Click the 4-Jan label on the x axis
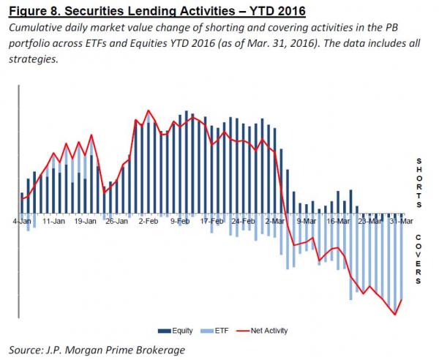[21, 220]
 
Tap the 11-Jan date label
[54, 220]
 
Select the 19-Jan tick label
[86, 220]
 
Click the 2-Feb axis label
[149, 220]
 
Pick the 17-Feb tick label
[212, 220]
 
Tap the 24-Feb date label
[244, 220]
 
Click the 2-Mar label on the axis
[276, 220]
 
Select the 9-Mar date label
[307, 220]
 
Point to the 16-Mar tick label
[339, 220]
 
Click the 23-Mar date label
[370, 220]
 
